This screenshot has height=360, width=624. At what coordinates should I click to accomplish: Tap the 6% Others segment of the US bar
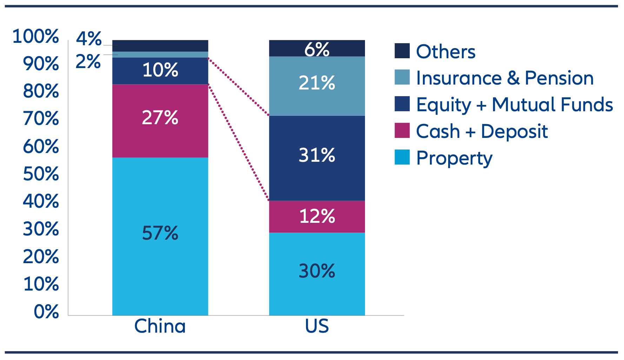[x=317, y=48]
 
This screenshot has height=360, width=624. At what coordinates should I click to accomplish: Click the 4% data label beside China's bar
[x=89, y=39]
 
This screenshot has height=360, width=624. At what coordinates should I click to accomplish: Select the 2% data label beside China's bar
[x=88, y=62]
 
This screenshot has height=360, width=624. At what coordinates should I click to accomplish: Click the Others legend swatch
[x=402, y=51]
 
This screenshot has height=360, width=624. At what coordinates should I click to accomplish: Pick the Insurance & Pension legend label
[x=504, y=78]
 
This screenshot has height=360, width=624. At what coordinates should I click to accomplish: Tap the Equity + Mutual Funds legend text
[x=514, y=105]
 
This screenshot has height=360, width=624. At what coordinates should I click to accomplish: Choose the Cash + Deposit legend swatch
[x=402, y=131]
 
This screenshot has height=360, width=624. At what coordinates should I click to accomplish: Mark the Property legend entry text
[x=454, y=158]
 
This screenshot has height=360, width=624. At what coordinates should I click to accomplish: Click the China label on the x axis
[x=160, y=326]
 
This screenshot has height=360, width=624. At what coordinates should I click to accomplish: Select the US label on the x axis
[x=317, y=326]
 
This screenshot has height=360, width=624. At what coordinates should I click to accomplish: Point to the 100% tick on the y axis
[x=35, y=36]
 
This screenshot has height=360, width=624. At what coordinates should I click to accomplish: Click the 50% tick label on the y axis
[x=41, y=174]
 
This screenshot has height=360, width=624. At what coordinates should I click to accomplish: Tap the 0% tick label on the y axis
[x=46, y=312]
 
